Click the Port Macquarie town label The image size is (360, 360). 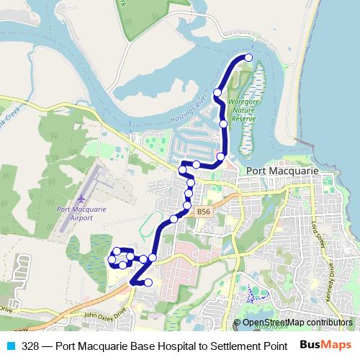coord(282,171)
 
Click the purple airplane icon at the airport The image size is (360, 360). coord(81,197)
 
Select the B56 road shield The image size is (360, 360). coord(204,212)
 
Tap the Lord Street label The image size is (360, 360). coord(318,238)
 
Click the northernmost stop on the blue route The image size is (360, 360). coord(249,57)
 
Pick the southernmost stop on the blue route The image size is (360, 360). coord(148,282)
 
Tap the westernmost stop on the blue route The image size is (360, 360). coord(112,259)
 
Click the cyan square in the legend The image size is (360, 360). coord(12,346)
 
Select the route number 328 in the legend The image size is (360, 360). coord(30,346)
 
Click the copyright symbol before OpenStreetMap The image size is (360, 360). coord(238,323)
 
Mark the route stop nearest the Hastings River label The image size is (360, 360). coord(217,93)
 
